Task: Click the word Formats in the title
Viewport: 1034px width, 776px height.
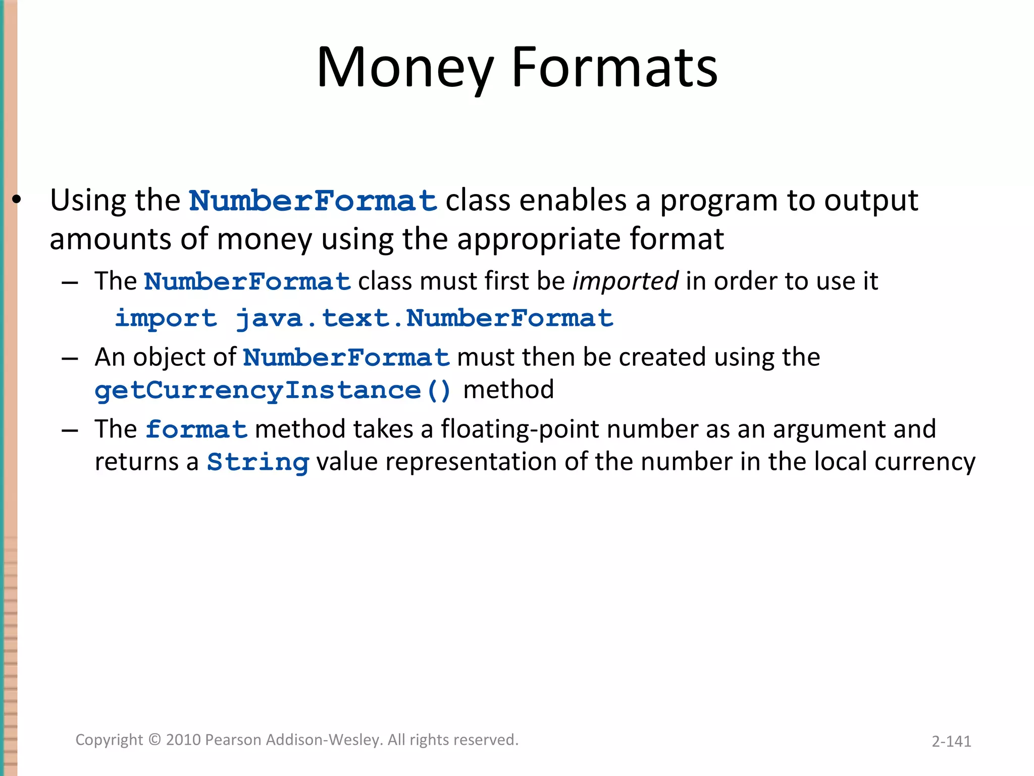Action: pos(614,68)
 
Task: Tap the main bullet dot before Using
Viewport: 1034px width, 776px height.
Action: pos(17,200)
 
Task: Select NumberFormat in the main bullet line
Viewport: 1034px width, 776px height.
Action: pos(313,201)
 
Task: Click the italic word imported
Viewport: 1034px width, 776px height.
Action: pos(625,281)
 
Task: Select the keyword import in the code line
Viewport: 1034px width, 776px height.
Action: pos(166,318)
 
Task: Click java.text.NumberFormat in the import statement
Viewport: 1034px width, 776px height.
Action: pos(425,318)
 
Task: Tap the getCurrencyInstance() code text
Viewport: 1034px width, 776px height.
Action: pos(273,391)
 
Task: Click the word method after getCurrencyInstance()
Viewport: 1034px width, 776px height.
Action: pos(508,390)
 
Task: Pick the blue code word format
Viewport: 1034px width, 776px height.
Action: pos(196,429)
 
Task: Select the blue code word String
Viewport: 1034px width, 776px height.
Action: pos(257,462)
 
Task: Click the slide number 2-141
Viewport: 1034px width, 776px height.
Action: pos(951,741)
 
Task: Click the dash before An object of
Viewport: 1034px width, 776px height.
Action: pos(70,358)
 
